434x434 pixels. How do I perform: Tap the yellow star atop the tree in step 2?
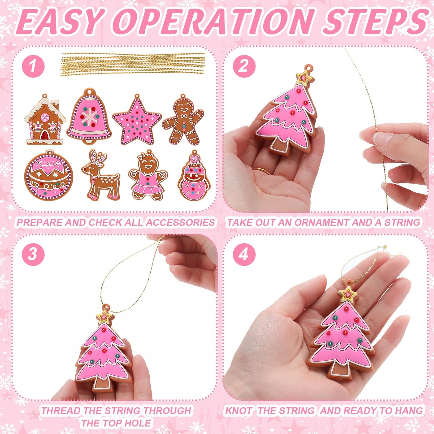(x=304, y=77)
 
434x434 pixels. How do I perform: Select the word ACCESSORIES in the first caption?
(x=180, y=222)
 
